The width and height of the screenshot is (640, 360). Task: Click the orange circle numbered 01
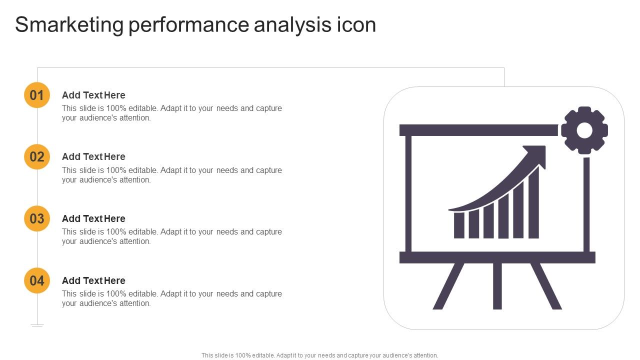37,95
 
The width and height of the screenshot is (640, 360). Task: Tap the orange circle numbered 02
37,157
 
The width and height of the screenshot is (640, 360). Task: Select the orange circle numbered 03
37,218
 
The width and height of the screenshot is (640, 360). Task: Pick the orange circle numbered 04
37,280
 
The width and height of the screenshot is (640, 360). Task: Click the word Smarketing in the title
69,25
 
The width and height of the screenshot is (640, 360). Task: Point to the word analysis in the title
292,25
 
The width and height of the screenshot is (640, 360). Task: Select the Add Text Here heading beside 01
93,95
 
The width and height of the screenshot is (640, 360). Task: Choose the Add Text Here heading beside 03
93,218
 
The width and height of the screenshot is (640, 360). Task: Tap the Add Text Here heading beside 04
93,280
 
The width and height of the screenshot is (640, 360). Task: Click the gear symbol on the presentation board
584,130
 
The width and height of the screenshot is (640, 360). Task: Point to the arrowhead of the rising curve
536,155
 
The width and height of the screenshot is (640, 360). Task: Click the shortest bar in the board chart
459,225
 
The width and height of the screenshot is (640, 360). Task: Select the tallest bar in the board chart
533,202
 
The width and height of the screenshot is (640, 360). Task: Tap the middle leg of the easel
497,286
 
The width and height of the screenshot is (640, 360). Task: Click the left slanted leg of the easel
448,286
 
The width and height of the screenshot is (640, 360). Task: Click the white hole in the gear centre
584,130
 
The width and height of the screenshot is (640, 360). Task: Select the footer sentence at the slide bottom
319,355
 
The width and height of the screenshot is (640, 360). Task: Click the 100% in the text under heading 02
116,170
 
